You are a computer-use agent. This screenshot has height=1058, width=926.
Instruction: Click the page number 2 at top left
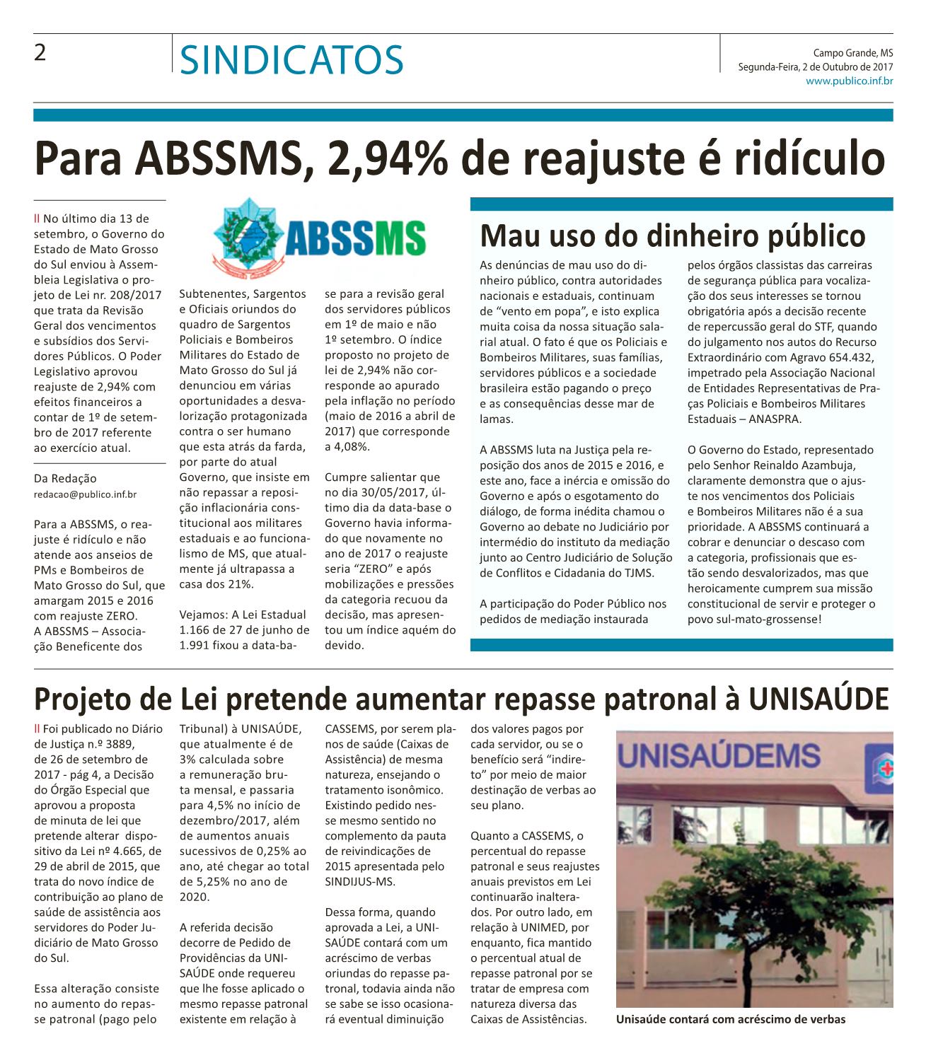(x=40, y=52)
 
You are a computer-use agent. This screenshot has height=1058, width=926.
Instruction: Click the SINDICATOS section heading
(x=291, y=59)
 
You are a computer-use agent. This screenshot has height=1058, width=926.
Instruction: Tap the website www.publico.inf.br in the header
(x=849, y=81)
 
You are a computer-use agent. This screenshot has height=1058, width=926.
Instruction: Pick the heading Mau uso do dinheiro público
(x=672, y=236)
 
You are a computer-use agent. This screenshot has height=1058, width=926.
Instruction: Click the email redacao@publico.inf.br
(x=86, y=494)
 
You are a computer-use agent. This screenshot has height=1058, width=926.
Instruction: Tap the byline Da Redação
(x=65, y=479)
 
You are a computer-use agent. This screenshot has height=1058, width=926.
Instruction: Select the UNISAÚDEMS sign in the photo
(x=720, y=755)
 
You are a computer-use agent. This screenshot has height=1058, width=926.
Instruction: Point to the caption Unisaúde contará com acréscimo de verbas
(x=730, y=1019)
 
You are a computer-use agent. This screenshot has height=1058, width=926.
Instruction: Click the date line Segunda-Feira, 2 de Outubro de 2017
(x=815, y=67)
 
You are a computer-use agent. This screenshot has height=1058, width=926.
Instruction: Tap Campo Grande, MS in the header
(x=852, y=53)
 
